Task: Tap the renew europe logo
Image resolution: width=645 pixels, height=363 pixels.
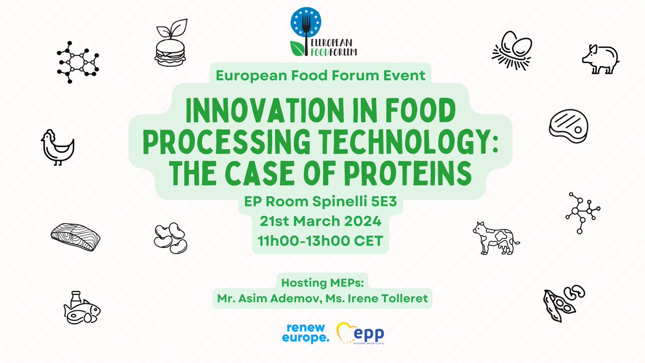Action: point(304,332)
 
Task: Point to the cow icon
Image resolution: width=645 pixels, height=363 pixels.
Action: point(496,237)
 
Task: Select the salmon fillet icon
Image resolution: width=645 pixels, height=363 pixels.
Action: point(75,235)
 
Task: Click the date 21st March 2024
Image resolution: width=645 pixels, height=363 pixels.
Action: point(321,221)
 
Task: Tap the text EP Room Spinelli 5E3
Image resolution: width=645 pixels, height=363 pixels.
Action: point(321,202)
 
